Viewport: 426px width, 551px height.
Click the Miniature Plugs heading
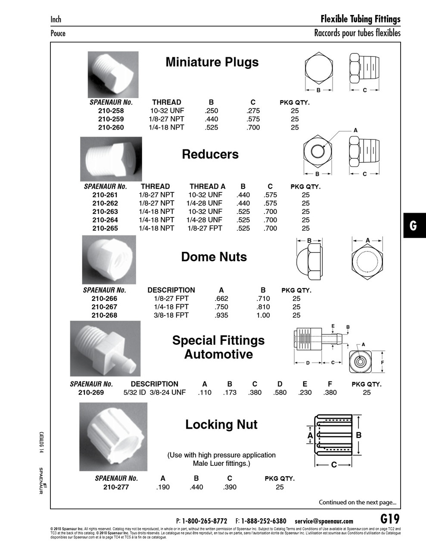tap(212, 62)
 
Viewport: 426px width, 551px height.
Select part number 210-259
tap(111, 119)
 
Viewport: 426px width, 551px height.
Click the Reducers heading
tap(210, 154)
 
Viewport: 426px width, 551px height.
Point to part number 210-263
tap(105, 211)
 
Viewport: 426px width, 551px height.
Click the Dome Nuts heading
tap(214, 257)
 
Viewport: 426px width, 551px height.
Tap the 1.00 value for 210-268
tap(263, 315)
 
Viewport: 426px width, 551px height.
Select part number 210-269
tap(91, 392)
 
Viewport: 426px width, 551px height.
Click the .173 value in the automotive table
tap(230, 392)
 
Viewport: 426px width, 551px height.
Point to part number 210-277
tap(116, 487)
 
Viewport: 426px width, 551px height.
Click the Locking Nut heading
tap(221, 424)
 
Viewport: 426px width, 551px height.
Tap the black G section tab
tap(414, 226)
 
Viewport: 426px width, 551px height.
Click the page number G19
tap(390, 519)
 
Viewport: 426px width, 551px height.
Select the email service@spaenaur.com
tap(324, 521)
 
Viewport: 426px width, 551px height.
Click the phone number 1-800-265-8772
tap(205, 521)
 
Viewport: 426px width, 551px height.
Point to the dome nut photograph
tap(109, 260)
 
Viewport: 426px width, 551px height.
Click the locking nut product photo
tap(113, 436)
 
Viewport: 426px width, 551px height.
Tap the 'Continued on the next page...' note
tap(357, 502)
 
